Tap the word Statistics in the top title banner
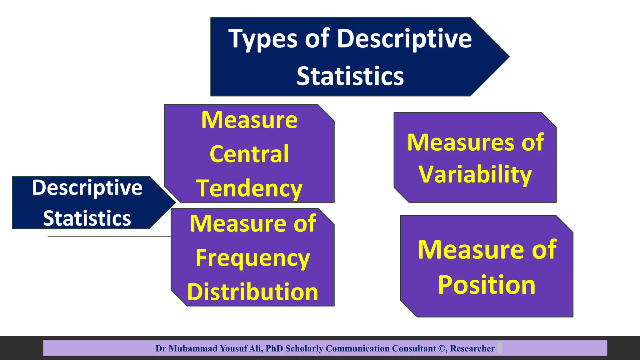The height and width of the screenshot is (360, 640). coord(350,76)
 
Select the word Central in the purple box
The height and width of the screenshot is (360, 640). coord(249,154)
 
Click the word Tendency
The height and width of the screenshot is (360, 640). coord(249,188)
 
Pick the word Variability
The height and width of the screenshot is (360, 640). coord(475,174)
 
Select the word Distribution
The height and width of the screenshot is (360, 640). coord(252,292)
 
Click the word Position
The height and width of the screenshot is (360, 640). coord(487,285)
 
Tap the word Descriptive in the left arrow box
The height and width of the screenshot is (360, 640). coord(87,187)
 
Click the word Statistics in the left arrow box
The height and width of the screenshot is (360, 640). coord(87,218)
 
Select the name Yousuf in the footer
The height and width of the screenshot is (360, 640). coord(233,348)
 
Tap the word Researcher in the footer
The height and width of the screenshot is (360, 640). coord(472,348)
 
